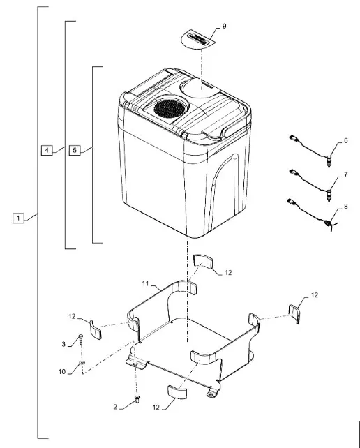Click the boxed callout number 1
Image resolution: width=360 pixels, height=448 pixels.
point(18,218)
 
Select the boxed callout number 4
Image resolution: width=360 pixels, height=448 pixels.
point(47,150)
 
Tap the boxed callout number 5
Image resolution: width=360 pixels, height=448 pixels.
point(75,150)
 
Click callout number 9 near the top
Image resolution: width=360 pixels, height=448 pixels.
point(224,27)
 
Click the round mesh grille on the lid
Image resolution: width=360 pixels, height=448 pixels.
point(170,109)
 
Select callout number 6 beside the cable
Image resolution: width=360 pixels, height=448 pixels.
point(346,141)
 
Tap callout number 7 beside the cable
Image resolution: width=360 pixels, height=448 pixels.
point(346,174)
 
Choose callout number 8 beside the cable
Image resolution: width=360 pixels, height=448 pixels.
point(346,207)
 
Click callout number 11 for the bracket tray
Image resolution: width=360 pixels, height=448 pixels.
point(145,283)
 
